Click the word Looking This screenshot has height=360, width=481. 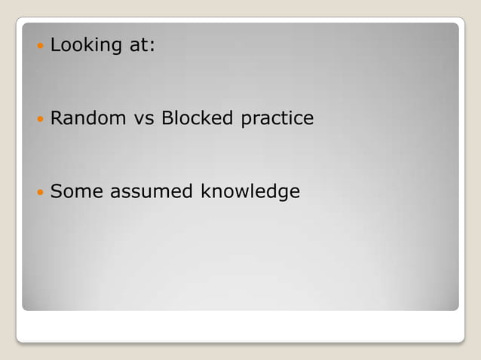84,45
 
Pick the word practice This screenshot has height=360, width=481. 277,119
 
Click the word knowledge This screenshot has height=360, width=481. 250,193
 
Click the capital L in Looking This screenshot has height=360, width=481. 55,45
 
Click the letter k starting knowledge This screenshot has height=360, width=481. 204,192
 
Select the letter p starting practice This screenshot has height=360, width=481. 246,121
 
